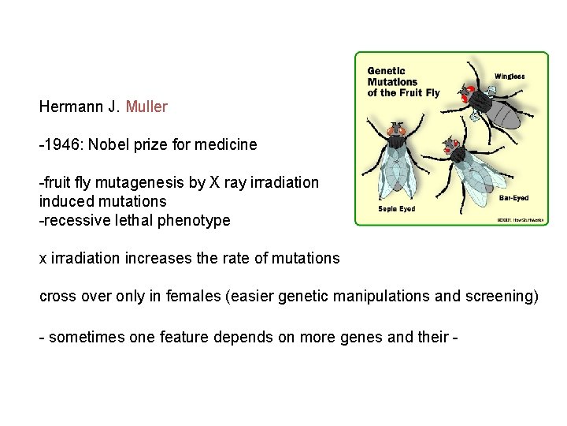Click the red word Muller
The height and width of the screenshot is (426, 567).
[x=146, y=106]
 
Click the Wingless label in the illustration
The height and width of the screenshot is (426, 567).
[x=510, y=77]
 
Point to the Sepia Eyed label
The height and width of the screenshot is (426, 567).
[x=396, y=209]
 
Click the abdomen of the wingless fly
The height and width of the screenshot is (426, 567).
[x=509, y=114]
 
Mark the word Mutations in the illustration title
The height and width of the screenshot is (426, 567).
[x=392, y=82]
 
